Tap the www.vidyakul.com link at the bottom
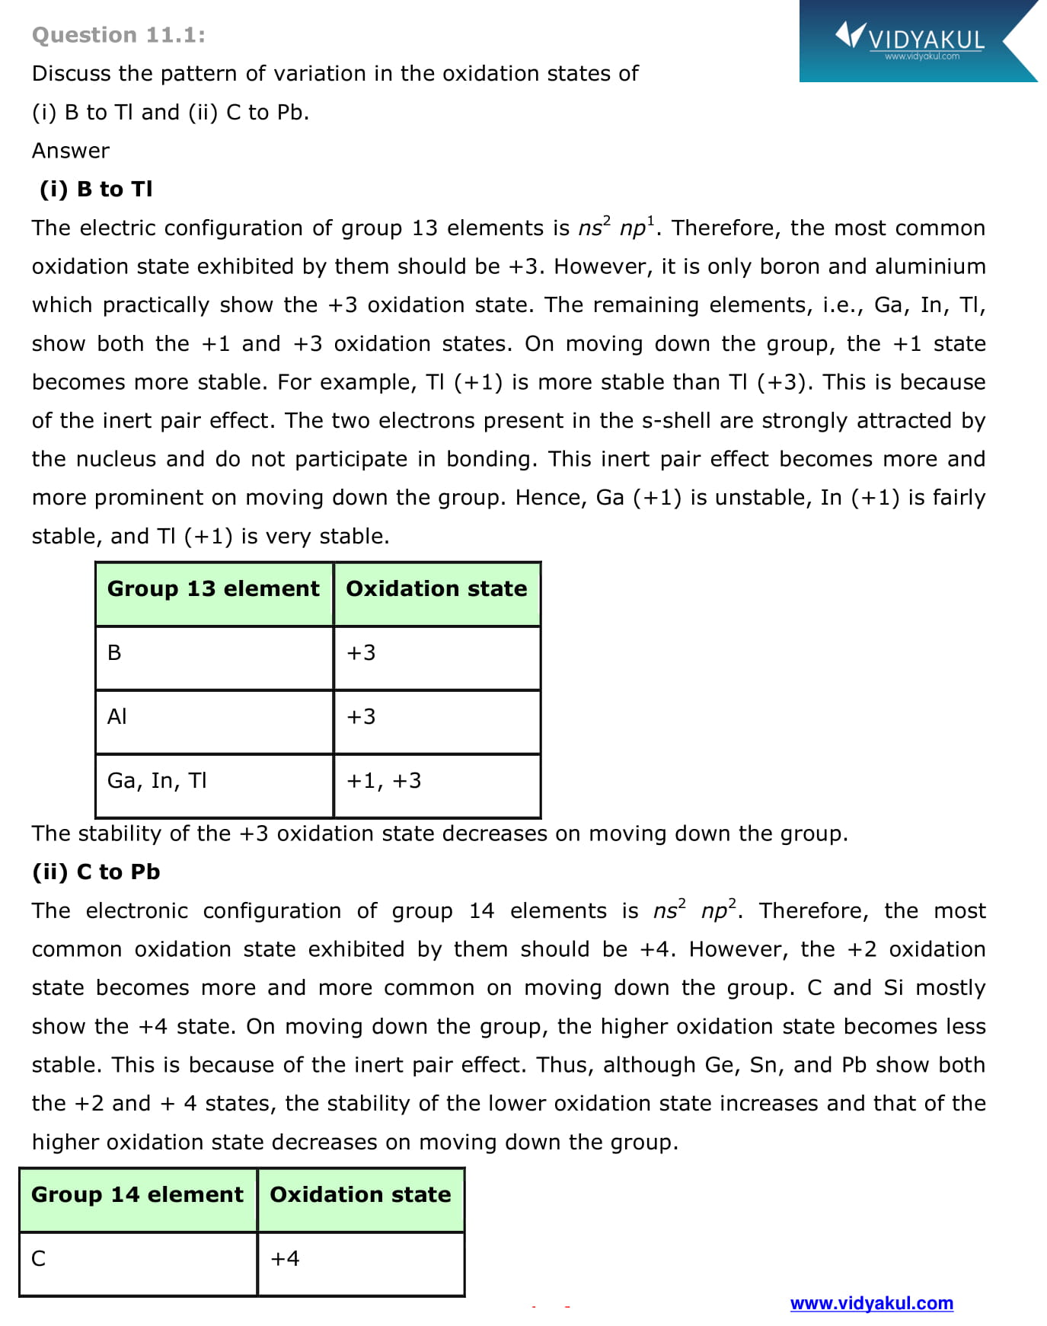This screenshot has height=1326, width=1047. (x=871, y=1303)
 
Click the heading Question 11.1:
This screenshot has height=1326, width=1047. (x=119, y=35)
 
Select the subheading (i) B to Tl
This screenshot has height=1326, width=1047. (x=96, y=189)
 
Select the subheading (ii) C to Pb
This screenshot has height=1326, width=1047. (x=96, y=872)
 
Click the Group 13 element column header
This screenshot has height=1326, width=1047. (x=213, y=588)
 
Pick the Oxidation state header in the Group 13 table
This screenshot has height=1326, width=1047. (x=436, y=588)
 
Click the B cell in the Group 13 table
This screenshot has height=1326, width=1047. (x=114, y=652)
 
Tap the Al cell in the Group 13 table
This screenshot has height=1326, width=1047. (x=117, y=716)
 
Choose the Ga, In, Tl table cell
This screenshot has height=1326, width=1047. (x=157, y=780)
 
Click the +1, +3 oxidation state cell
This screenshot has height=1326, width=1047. (x=384, y=780)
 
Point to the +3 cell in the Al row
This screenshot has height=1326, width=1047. (x=361, y=716)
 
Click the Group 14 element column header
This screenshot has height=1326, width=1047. (x=137, y=1194)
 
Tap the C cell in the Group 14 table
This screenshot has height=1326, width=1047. (x=38, y=1258)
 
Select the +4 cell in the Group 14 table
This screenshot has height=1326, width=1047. (x=285, y=1258)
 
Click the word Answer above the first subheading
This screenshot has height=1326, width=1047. (x=70, y=151)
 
